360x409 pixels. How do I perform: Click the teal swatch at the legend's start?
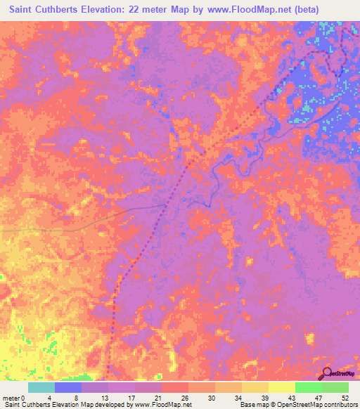41,387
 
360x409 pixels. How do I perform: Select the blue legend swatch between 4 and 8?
68,387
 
